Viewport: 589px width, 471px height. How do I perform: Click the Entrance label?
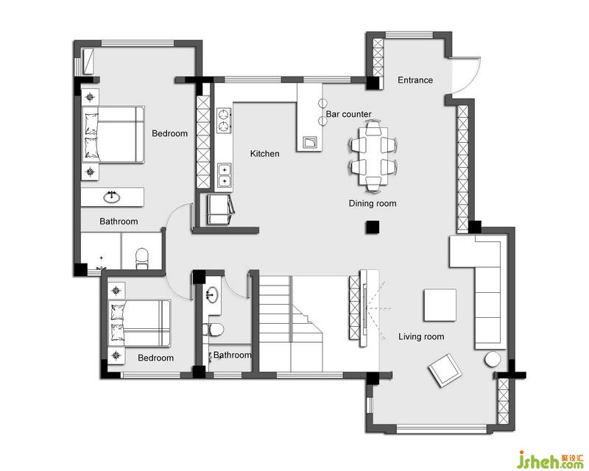click(415, 80)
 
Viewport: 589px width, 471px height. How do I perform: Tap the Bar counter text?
click(348, 114)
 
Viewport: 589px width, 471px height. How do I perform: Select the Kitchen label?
click(264, 154)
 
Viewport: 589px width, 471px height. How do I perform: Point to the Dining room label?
click(373, 204)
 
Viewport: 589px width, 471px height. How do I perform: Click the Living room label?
click(421, 336)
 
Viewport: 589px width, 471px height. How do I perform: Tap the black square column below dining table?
click(373, 227)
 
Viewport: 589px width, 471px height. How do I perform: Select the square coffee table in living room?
click(440, 305)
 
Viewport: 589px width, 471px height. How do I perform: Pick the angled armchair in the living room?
click(446, 370)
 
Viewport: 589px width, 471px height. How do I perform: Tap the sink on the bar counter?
click(310, 142)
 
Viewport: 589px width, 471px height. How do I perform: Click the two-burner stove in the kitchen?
click(224, 121)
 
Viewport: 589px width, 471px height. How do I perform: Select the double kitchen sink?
click(225, 175)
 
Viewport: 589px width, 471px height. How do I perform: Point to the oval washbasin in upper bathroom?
click(112, 197)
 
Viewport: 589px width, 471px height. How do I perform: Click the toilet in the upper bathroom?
click(142, 258)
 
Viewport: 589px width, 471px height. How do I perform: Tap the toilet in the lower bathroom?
click(213, 330)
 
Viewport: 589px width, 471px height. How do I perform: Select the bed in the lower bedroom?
click(139, 323)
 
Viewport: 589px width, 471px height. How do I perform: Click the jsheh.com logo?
click(551, 459)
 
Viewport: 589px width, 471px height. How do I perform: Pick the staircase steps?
click(291, 323)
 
